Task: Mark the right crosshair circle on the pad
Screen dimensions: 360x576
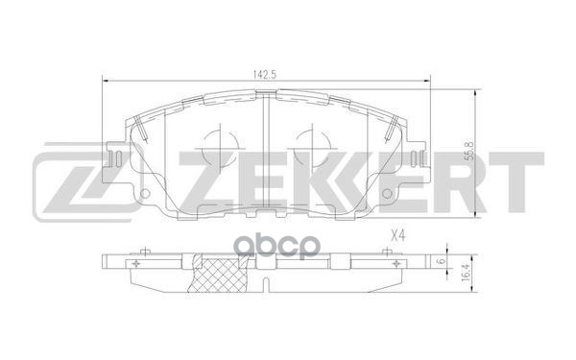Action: pos(307,146)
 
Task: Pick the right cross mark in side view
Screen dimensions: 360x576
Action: pos(393,263)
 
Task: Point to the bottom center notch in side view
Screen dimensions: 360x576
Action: pos(265,285)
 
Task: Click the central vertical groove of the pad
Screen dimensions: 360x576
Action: pos(265,154)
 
